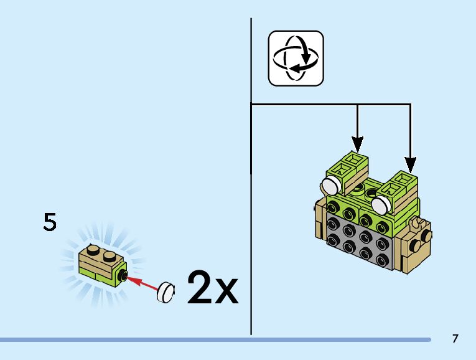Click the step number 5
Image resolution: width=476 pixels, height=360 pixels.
50,222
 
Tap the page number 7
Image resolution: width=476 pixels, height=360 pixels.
455,339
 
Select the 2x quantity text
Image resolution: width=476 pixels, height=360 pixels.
212,287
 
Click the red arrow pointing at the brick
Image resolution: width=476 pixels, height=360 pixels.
142,284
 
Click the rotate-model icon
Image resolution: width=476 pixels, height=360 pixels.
296,58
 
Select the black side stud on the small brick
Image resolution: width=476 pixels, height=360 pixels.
125,277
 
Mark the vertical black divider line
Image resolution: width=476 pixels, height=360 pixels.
251,187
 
